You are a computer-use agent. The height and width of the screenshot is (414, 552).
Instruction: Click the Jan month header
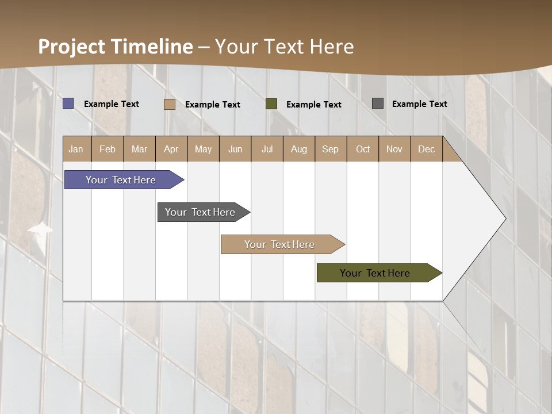(x=76, y=149)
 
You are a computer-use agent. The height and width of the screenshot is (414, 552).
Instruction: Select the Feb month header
(x=108, y=149)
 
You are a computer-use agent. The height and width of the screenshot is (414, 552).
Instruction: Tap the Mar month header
(x=139, y=149)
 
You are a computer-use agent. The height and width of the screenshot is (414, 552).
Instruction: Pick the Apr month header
(x=171, y=149)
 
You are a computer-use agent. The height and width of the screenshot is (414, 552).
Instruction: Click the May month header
(x=203, y=149)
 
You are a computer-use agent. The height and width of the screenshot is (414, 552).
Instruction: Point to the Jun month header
(x=235, y=149)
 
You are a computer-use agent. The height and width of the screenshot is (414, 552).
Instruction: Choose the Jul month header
(x=267, y=149)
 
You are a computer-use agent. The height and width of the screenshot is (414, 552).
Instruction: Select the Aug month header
(x=299, y=149)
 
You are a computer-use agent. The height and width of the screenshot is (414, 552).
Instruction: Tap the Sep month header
(x=331, y=149)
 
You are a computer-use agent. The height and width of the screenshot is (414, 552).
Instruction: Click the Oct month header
(x=363, y=149)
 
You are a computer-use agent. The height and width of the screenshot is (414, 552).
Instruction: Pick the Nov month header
(x=394, y=149)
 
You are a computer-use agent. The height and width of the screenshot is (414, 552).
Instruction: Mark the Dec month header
(x=427, y=149)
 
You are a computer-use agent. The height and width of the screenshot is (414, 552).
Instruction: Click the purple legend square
(x=68, y=103)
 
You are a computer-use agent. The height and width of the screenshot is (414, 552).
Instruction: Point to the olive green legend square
(x=271, y=104)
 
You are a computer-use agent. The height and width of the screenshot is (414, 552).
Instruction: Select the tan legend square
(x=170, y=104)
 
